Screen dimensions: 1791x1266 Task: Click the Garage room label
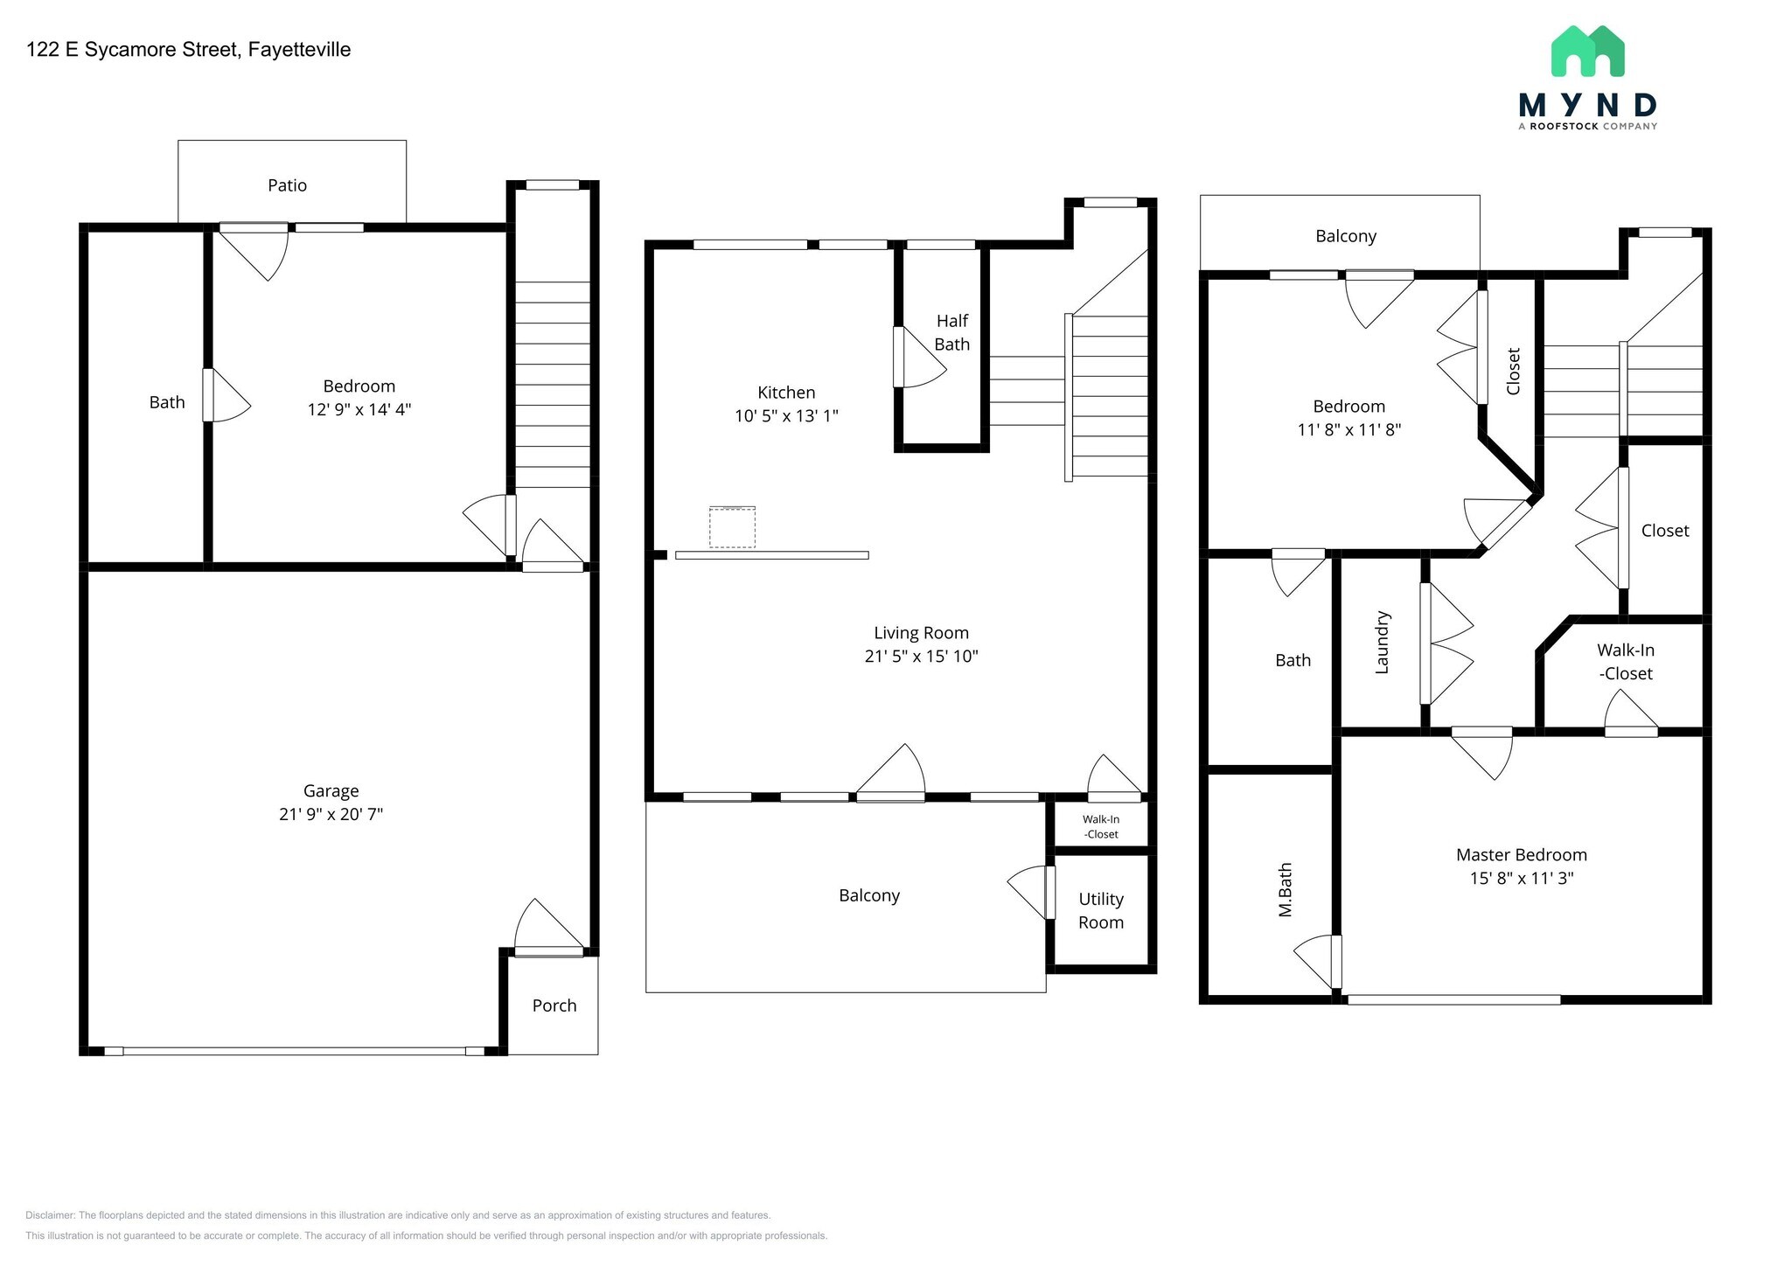pyautogui.click(x=331, y=791)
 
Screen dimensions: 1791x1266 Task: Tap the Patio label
pyautogui.click(x=287, y=185)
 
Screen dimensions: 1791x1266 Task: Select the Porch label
pyautogui.click(x=554, y=1005)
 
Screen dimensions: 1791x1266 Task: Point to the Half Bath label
pyautogui.click(x=951, y=332)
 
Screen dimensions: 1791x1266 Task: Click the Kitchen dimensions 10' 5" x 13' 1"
pyautogui.click(x=786, y=416)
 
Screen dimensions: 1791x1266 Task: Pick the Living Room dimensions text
pyautogui.click(x=921, y=657)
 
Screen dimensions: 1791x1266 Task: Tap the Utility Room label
pyautogui.click(x=1100, y=910)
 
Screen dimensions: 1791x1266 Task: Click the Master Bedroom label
pyautogui.click(x=1521, y=855)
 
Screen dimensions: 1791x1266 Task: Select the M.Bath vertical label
pyautogui.click(x=1285, y=890)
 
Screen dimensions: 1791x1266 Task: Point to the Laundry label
pyautogui.click(x=1382, y=643)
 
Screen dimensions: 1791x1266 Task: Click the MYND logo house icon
pyautogui.click(x=1587, y=51)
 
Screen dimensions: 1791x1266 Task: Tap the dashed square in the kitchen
pyautogui.click(x=732, y=527)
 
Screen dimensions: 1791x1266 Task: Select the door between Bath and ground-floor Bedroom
pyautogui.click(x=226, y=395)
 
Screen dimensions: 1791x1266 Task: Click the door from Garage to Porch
pyautogui.click(x=549, y=928)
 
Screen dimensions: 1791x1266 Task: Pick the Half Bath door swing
pyautogui.click(x=919, y=357)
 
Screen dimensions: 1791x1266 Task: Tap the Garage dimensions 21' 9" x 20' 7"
pyautogui.click(x=331, y=815)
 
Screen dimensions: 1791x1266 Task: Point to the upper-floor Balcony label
pyautogui.click(x=1346, y=236)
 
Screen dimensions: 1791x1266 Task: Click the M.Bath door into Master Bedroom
pyautogui.click(x=1317, y=962)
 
